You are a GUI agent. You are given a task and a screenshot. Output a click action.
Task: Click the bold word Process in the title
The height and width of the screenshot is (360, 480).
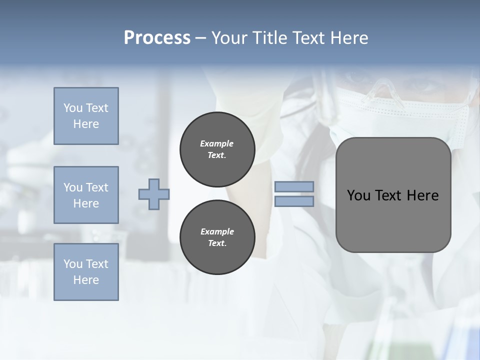157,38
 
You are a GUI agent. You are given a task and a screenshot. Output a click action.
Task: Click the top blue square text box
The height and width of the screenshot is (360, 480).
86,116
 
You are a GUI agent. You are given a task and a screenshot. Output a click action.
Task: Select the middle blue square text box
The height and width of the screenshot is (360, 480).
86,195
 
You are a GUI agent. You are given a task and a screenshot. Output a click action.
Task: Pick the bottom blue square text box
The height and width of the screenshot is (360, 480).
86,272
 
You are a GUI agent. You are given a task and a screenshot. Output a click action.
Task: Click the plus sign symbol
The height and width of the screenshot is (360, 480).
154,194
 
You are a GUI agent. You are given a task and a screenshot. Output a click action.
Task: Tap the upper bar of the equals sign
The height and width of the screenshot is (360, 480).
294,186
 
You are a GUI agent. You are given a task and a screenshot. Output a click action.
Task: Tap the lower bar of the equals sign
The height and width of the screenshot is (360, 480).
294,201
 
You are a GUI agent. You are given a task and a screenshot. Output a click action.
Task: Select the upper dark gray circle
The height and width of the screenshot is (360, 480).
217,149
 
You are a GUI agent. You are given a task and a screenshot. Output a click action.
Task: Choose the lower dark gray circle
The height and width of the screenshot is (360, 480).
217,237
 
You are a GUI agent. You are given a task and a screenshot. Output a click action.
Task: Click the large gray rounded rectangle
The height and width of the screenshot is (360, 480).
393,195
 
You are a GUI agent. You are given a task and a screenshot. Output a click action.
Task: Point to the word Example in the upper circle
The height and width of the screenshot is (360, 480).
217,143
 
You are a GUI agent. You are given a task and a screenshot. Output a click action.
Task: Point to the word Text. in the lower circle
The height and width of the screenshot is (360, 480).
217,243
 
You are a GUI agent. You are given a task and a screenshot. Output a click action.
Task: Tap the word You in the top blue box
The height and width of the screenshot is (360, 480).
73,108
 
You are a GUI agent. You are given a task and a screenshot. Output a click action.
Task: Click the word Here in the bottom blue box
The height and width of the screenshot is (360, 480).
86,280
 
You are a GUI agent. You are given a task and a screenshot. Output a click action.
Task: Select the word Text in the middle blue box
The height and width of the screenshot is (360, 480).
97,187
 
